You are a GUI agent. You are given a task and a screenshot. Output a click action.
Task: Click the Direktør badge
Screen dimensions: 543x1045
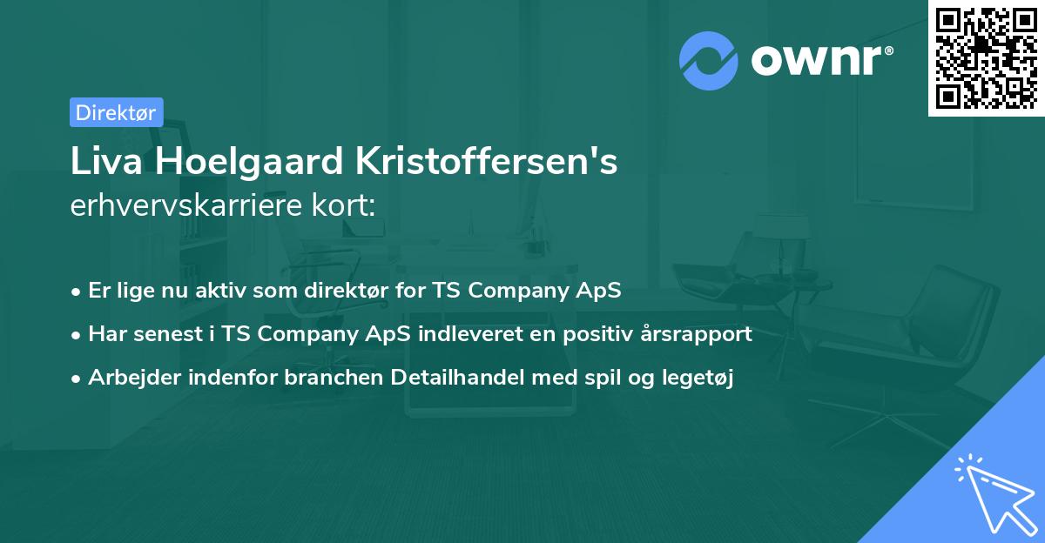click(x=116, y=112)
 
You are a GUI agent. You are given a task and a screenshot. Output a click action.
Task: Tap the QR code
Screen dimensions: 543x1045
click(x=986, y=58)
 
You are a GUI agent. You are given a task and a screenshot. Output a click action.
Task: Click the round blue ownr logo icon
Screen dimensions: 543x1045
click(x=709, y=61)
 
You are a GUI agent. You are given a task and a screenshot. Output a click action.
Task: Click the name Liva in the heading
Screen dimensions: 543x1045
click(x=100, y=162)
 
